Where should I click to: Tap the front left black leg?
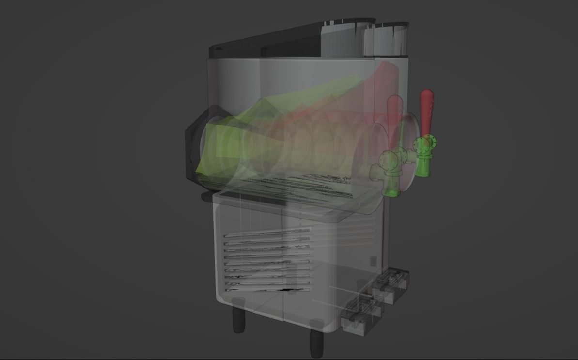pos(238,317)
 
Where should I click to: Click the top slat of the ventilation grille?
pos(266,234)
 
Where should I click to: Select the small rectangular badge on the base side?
pos(373,261)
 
